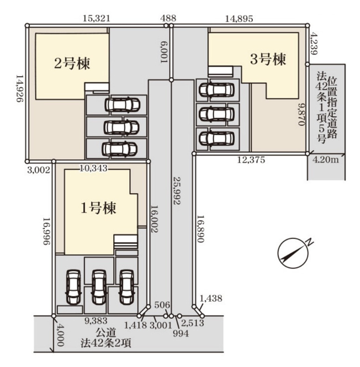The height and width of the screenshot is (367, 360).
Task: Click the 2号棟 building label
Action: coord(72,63)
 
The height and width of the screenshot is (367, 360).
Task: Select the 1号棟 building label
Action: coord(98,208)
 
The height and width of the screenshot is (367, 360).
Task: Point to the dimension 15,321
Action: coord(97,18)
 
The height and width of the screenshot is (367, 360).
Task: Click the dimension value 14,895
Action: coord(239,19)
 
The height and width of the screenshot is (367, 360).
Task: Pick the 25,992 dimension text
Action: coord(176,190)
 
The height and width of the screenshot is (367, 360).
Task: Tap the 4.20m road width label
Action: coord(326,160)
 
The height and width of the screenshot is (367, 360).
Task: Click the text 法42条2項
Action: coord(106,343)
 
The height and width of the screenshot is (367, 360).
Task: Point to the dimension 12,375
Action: coord(251,160)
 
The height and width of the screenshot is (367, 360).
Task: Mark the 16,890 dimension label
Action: coord(201,228)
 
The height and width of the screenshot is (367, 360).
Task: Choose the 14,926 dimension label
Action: coord(19,89)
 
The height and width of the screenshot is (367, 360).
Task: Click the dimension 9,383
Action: coord(96,321)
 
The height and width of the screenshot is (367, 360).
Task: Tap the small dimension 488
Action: coord(168,18)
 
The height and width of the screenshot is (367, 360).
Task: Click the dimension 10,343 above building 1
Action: coord(93,168)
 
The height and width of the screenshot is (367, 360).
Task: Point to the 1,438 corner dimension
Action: coord(211,299)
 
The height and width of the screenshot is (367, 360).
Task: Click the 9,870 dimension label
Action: coord(301,115)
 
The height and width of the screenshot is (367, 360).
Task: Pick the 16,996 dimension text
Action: coord(46,231)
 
